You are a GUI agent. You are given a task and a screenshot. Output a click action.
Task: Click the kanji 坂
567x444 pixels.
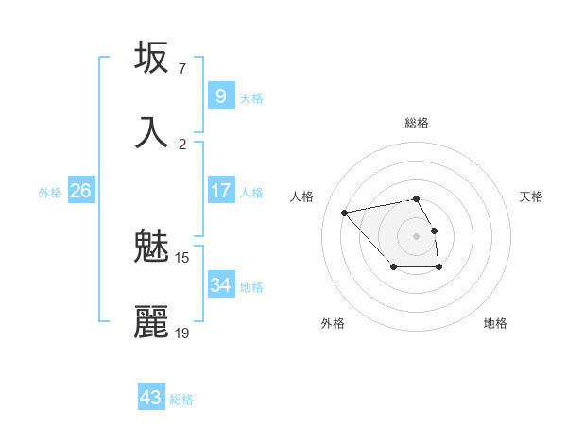pyautogui.click(x=151, y=59)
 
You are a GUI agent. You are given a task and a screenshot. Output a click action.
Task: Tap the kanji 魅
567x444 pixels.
pyautogui.click(x=151, y=248)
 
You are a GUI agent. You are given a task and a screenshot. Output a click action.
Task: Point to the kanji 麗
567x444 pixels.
pyautogui.click(x=151, y=322)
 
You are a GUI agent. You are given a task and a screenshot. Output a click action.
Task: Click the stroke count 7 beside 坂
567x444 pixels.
pyautogui.click(x=181, y=69)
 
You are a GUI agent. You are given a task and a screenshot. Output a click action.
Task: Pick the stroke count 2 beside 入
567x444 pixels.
pyautogui.click(x=181, y=144)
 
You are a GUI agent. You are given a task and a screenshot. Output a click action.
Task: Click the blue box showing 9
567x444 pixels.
pyautogui.click(x=220, y=95)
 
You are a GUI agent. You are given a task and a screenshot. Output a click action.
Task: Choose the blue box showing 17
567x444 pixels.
pyautogui.click(x=220, y=190)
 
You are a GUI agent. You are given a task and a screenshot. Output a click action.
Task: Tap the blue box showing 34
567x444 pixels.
pyautogui.click(x=220, y=284)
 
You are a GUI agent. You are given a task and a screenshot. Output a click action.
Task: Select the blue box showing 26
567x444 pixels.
pyautogui.click(x=80, y=191)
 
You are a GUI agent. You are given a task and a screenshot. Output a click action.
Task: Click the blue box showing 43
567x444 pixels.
pyautogui.click(x=150, y=398)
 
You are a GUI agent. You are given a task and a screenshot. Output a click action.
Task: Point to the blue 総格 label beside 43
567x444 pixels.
pyautogui.click(x=181, y=400)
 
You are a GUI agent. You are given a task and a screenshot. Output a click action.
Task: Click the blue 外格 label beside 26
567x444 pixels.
pyautogui.click(x=50, y=193)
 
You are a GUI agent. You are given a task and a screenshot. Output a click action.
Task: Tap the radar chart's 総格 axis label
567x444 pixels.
pyautogui.click(x=416, y=123)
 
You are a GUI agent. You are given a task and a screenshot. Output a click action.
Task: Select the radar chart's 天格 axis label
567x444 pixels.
pyautogui.click(x=531, y=196)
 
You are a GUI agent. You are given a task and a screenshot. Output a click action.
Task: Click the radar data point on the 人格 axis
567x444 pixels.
pyautogui.click(x=345, y=212)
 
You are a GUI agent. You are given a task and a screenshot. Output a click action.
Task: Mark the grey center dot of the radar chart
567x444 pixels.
pyautogui.click(x=416, y=235)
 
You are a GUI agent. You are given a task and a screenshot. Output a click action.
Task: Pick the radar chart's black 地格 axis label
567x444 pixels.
pyautogui.click(x=495, y=324)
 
